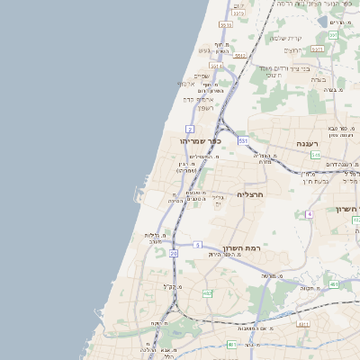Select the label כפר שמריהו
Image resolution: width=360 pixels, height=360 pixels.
coord(200,140)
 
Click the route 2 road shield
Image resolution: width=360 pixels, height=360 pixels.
coord(190,130)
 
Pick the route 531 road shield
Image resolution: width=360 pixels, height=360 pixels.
coord(243,141)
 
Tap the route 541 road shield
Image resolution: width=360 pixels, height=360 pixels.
coord(316,155)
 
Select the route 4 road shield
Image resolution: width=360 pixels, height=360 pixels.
coord(310,214)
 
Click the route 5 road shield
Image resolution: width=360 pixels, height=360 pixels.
coord(197,244)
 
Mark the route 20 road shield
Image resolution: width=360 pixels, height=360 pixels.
coord(174,255)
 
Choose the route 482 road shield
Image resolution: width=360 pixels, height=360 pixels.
coord(208,293)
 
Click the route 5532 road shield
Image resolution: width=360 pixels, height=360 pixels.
coord(225,25)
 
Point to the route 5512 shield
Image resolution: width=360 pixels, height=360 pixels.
coord(239,56)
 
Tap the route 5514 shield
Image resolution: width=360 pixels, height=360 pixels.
coord(216,66)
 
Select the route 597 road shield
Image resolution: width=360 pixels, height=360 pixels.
coord(332,35)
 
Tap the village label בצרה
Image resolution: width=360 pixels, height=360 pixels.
coord(319,78)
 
